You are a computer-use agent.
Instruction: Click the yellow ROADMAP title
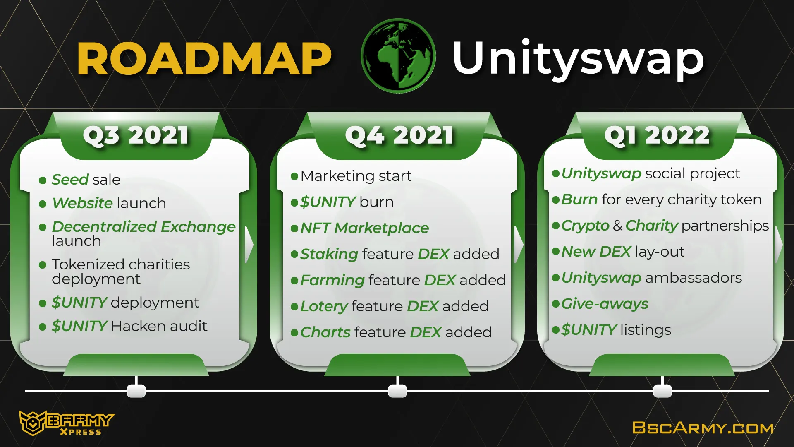(204, 59)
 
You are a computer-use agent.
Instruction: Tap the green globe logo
(398, 56)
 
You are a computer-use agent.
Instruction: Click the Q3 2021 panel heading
(136, 135)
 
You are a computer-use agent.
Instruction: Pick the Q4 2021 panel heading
(399, 135)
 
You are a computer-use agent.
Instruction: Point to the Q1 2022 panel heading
(657, 135)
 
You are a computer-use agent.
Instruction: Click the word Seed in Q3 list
(70, 179)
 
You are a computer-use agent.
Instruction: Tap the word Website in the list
(82, 203)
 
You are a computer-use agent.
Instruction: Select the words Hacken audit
(159, 326)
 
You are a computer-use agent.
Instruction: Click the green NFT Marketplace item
(364, 228)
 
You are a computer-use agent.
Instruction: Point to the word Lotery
(324, 306)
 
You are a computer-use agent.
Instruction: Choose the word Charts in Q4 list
(325, 332)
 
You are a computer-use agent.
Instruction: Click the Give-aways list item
(605, 304)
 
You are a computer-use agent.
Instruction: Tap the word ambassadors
(694, 277)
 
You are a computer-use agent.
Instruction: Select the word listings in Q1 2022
(646, 330)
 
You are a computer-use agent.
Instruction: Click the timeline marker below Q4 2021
(397, 390)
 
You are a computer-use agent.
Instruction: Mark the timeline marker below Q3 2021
(136, 390)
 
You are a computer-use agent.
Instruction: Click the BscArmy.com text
(703, 428)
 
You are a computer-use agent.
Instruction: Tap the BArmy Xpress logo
(66, 423)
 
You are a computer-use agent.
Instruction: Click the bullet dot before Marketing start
(294, 176)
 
